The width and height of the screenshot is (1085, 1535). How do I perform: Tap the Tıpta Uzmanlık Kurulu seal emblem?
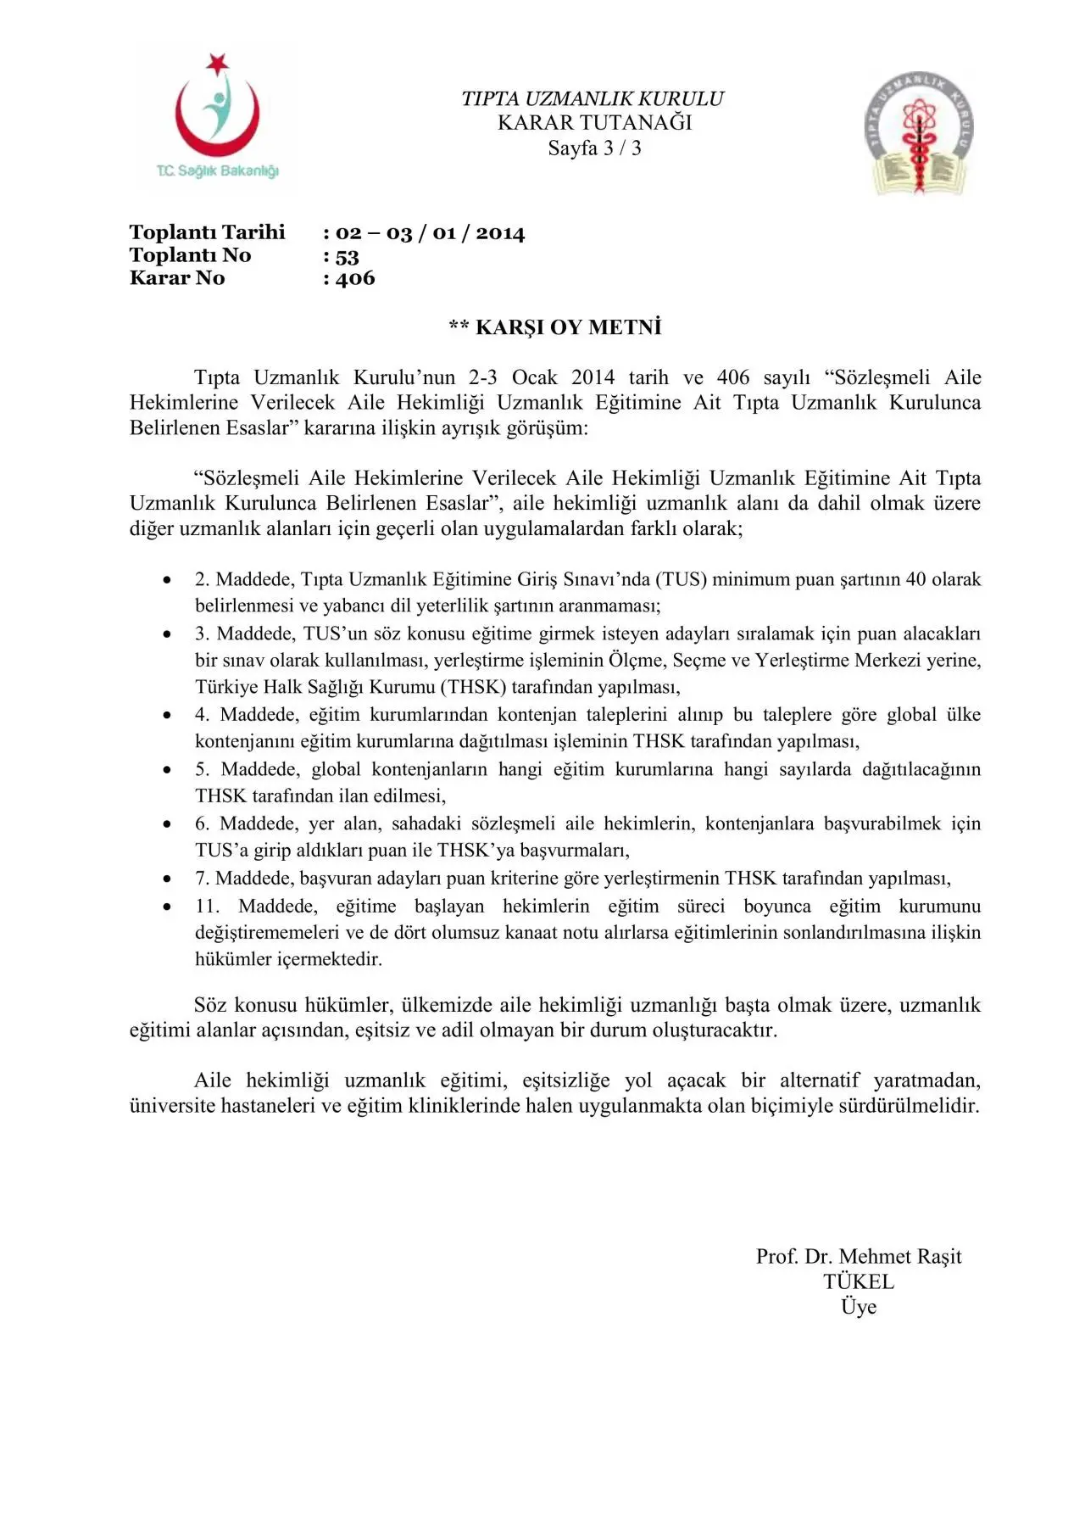tap(919, 133)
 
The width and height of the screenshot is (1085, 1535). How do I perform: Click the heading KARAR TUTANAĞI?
tap(594, 123)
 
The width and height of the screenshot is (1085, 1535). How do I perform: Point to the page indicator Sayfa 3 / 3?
tap(594, 148)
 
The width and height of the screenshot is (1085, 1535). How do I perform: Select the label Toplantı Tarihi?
tap(207, 232)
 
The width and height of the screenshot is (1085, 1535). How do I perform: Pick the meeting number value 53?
tap(347, 256)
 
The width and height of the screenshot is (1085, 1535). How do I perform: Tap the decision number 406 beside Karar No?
tap(354, 278)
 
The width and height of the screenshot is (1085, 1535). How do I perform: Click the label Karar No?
tap(177, 278)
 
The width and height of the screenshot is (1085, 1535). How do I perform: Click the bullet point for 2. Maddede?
tap(168, 580)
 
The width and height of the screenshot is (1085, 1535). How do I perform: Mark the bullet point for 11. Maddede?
tap(168, 907)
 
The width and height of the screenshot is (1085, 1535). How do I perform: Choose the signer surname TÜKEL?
tap(858, 1281)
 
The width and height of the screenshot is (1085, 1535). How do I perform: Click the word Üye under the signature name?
tap(858, 1307)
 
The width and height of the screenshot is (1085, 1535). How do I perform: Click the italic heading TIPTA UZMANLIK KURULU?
tap(593, 98)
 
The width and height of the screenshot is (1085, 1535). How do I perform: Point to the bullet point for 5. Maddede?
tap(168, 770)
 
